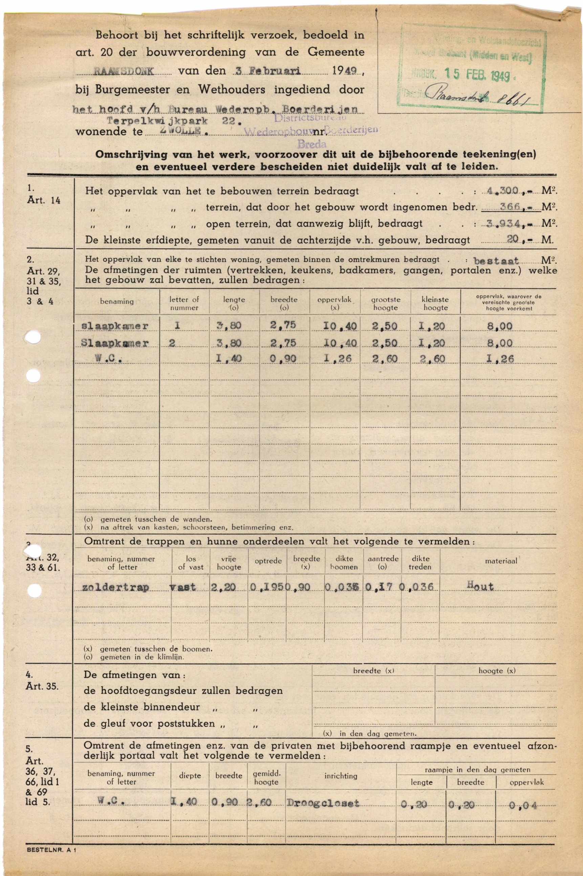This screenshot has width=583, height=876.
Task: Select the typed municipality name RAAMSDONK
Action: tap(124, 71)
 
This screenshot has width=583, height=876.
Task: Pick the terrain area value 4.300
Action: tap(505, 191)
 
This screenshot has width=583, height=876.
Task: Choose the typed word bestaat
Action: tap(496, 261)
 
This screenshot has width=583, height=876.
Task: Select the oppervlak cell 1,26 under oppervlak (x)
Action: tap(340, 359)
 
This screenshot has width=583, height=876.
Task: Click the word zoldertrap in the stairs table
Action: tap(116, 587)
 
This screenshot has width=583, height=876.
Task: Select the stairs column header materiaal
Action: tap(501, 561)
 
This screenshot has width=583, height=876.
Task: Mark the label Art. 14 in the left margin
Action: tap(43, 200)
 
